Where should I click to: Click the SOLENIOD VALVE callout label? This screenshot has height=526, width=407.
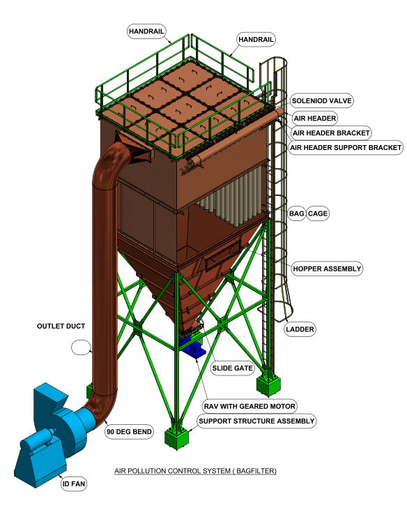tap(321, 100)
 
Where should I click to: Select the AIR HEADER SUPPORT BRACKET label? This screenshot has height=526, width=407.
tap(346, 148)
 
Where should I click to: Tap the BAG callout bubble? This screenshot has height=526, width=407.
tap(297, 213)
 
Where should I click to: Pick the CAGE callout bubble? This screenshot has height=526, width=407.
tap(318, 213)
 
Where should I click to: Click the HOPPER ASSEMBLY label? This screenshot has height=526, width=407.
tap(327, 269)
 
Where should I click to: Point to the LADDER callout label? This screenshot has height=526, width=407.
tap(300, 329)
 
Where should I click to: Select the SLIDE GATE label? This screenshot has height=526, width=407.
tap(232, 368)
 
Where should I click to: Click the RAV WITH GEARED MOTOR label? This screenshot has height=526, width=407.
tap(249, 406)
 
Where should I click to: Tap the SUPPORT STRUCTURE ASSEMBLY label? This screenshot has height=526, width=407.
tap(256, 421)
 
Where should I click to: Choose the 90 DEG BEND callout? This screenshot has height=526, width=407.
tap(129, 431)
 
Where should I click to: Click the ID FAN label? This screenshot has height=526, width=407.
tap(74, 483)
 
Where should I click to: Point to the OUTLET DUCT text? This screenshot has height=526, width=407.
tap(61, 326)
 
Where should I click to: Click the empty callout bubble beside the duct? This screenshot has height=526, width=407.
tap(81, 347)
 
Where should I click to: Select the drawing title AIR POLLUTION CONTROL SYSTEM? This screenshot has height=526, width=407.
tap(195, 471)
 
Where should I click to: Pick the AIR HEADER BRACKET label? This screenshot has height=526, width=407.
tap(331, 133)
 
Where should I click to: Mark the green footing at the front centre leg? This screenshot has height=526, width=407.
tap(176, 438)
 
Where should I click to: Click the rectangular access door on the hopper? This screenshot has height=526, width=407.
tap(222, 256)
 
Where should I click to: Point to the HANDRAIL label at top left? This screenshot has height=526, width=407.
tap(146, 31)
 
